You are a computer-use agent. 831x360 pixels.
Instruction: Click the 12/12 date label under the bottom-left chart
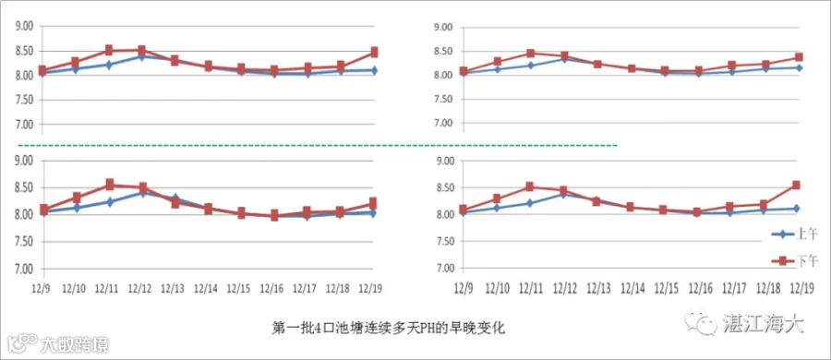(139, 289)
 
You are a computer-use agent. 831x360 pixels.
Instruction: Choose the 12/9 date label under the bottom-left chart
(41, 289)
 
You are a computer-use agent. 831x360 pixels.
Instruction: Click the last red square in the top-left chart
(374, 52)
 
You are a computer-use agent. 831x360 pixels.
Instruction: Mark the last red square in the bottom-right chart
(796, 185)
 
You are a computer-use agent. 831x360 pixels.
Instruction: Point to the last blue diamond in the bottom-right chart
(796, 209)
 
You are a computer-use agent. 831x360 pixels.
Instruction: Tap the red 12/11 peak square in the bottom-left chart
(110, 185)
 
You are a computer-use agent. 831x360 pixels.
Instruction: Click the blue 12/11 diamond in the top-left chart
(109, 66)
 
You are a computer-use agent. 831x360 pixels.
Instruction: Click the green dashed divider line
(317, 145)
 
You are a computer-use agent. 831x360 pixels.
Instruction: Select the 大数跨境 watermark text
(76, 345)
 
